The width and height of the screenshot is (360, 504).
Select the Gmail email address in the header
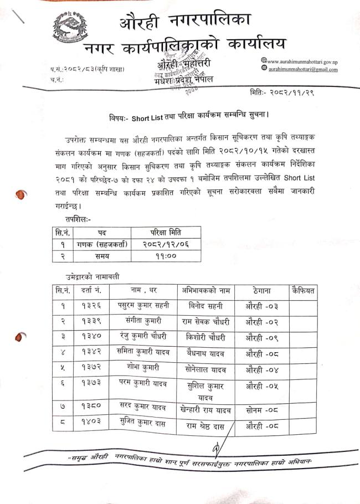303,69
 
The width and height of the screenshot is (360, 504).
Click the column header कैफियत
303,290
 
